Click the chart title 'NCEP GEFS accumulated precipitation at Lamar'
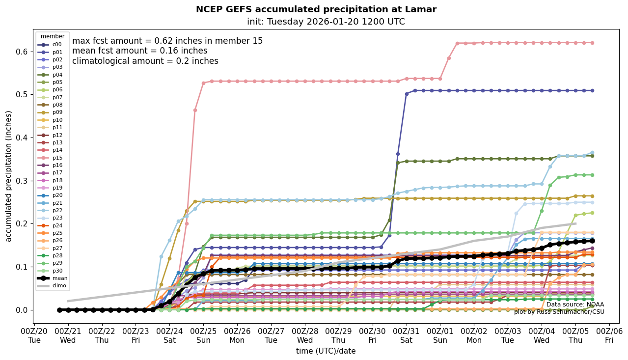(x=316, y=9)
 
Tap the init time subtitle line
(x=326, y=22)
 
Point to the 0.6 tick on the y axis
(x=23, y=51)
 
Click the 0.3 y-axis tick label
(x=23, y=180)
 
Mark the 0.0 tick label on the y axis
(x=23, y=310)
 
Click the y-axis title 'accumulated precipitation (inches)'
(x=9, y=176)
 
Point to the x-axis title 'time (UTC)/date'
(x=326, y=351)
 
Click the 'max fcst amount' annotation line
(x=167, y=41)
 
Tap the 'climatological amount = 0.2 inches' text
(x=145, y=61)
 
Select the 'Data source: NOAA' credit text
(x=575, y=305)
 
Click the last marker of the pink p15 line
(x=592, y=43)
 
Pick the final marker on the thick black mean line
(x=592, y=241)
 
